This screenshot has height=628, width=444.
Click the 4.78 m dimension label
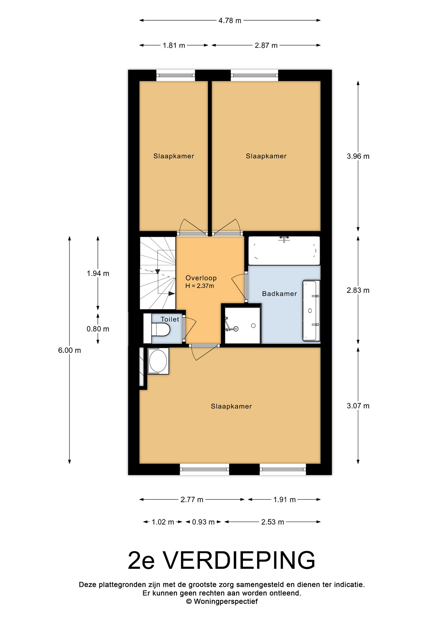click(230, 21)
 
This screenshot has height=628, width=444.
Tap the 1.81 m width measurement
click(174, 45)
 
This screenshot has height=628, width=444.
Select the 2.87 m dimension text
click(266, 45)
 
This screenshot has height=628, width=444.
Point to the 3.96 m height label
click(358, 156)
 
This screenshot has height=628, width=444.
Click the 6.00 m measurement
click(70, 350)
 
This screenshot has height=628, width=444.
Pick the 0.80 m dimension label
click(98, 329)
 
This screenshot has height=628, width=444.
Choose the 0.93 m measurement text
click(203, 522)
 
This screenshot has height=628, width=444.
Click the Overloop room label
click(201, 278)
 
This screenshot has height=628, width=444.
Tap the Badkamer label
click(280, 294)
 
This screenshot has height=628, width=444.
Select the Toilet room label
click(170, 319)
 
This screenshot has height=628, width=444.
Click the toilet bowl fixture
click(161, 329)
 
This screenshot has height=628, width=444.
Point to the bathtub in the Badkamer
click(284, 251)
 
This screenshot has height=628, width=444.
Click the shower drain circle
click(253, 326)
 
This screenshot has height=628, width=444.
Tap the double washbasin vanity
click(311, 310)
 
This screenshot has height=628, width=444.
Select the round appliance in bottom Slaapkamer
click(158, 361)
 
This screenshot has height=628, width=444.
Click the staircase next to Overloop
click(158, 273)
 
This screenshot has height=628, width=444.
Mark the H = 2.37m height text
click(200, 286)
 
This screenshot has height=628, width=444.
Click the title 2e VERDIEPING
click(222, 560)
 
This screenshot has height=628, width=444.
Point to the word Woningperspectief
click(226, 602)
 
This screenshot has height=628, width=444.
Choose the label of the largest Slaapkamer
click(231, 406)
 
